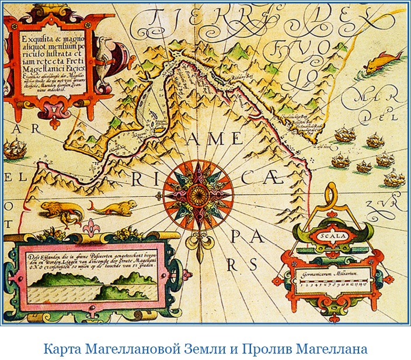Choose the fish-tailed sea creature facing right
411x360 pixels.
pos(113,207)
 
